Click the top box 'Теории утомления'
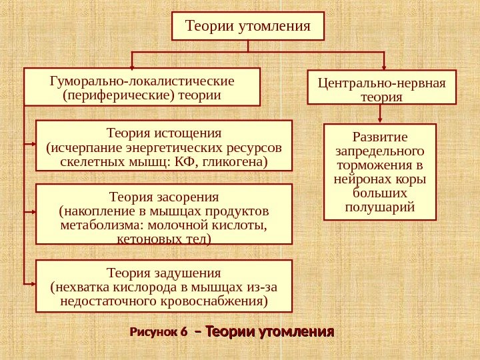point(247,27)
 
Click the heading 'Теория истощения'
point(164,133)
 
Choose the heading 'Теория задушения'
point(164,273)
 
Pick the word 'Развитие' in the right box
point(380,137)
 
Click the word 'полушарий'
point(380,208)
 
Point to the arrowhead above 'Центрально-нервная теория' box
point(385,66)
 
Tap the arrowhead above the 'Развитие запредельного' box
point(380,120)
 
